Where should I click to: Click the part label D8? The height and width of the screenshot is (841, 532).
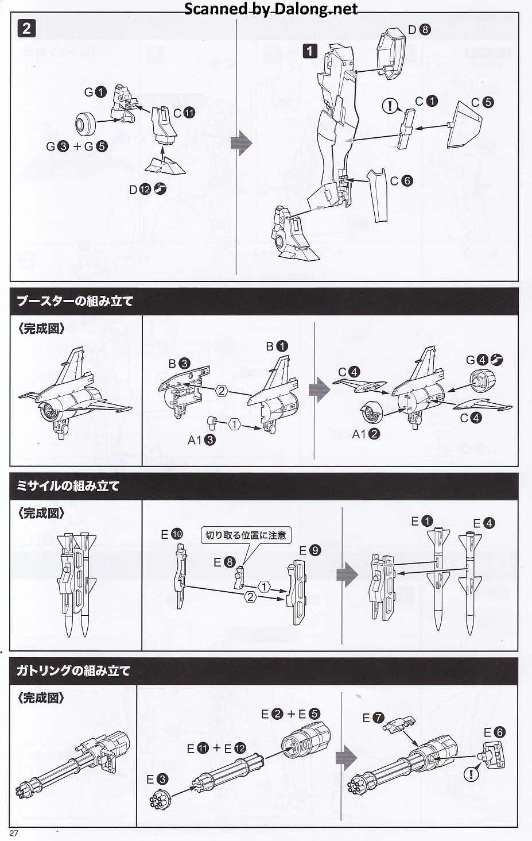[418, 29]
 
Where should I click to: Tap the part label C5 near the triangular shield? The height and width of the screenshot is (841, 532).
[481, 102]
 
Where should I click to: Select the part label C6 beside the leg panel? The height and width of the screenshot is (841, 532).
[401, 180]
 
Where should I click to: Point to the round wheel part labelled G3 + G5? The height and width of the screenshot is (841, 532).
[88, 121]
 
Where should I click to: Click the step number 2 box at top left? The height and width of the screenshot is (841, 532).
[27, 28]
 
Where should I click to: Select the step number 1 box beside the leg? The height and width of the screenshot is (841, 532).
[309, 51]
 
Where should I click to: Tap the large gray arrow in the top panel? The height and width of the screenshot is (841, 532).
[241, 143]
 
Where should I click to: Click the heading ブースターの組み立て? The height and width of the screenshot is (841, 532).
[75, 301]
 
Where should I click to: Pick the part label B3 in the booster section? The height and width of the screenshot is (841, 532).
[179, 363]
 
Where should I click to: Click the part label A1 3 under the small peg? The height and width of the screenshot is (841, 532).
[201, 440]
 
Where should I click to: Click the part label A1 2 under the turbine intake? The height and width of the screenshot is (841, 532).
[366, 434]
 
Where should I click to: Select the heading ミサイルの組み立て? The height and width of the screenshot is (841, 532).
[68, 485]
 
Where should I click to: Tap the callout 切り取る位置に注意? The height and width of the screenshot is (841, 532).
[246, 535]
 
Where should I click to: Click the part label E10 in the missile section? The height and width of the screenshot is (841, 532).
[171, 534]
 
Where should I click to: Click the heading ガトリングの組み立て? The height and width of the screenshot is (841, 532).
[73, 670]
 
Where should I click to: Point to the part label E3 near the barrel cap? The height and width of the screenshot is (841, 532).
[157, 779]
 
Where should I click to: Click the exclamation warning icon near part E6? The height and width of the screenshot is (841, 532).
[471, 774]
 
